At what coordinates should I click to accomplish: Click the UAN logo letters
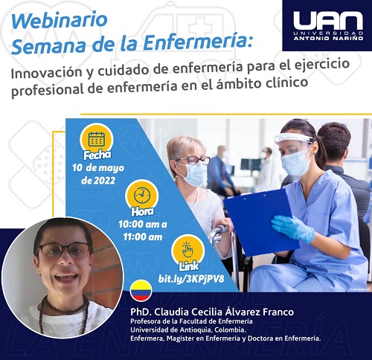click(x=328, y=21)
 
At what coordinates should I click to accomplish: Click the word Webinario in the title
click(x=60, y=21)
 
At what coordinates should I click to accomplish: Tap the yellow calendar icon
click(x=97, y=139)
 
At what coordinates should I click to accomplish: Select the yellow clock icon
click(x=142, y=196)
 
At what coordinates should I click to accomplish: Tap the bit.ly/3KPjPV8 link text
click(x=191, y=279)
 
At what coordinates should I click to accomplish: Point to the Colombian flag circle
click(x=141, y=291)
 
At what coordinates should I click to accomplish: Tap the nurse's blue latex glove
click(x=292, y=228)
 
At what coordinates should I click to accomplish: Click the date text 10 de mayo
click(x=98, y=168)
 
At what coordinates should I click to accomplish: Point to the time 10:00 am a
click(x=143, y=225)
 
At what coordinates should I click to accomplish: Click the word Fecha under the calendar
click(x=97, y=155)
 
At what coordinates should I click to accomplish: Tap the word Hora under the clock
click(x=142, y=211)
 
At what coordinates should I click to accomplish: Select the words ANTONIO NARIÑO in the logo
click(x=328, y=38)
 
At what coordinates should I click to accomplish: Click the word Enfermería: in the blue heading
click(x=198, y=42)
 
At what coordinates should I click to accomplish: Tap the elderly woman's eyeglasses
click(x=193, y=161)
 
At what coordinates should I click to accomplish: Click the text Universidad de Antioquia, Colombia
click(x=188, y=330)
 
